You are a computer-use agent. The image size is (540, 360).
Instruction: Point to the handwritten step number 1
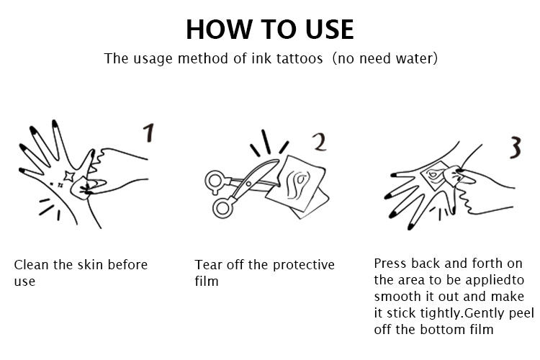click(x=148, y=133)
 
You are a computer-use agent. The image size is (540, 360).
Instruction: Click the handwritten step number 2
click(x=320, y=142)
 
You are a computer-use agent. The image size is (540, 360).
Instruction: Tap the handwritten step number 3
click(x=516, y=147)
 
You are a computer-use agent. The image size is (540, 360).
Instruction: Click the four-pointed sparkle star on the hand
click(x=69, y=176)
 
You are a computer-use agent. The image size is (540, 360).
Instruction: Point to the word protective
click(x=303, y=265)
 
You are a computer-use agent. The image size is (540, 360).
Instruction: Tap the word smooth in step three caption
click(x=392, y=296)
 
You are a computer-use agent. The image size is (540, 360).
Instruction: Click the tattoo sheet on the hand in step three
click(x=435, y=176)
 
